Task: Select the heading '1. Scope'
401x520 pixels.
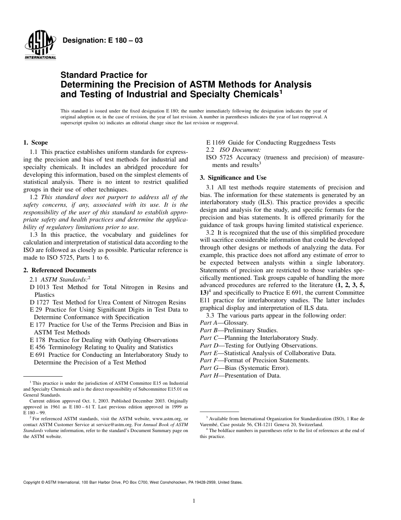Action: tap(35, 143)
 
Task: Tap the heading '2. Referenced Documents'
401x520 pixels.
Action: tap(60, 270)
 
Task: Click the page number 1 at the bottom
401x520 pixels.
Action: tap(193, 501)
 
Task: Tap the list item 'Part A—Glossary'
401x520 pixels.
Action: tap(224, 323)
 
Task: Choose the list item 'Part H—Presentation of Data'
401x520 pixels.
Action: tap(240, 376)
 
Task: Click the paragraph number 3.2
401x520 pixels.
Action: tap(210, 233)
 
